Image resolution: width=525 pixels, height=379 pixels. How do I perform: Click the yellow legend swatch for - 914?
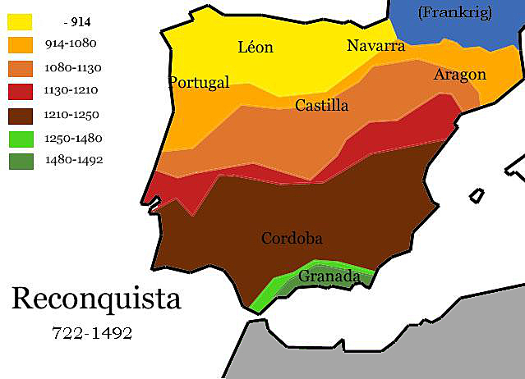pos(21,20)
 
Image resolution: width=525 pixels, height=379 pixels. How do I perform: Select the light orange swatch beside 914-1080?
pos(21,43)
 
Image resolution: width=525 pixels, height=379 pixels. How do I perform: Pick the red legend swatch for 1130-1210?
pos(21,90)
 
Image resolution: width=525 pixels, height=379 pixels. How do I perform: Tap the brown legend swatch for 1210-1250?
pos(21,114)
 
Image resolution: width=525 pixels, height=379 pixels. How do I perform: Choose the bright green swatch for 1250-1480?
pos(21,138)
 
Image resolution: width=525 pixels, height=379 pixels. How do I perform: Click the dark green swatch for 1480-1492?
pos(21,160)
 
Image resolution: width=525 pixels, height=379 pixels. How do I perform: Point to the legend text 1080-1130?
pos(75,67)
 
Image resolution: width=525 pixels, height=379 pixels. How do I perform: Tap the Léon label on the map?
pos(255,48)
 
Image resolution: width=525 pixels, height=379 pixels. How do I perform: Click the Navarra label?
pos(375,45)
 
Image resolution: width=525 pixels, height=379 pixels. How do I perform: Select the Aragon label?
pos(459,75)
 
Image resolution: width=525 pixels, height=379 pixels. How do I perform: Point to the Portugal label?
pos(199,82)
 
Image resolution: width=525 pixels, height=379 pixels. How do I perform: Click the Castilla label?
pos(321,105)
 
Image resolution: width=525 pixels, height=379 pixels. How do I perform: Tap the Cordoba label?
pos(292,239)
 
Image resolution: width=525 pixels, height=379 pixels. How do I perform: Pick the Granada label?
pos(329,277)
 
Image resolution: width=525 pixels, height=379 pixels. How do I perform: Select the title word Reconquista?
pos(96,299)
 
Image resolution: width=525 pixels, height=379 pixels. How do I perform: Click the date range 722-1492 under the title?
pos(91,334)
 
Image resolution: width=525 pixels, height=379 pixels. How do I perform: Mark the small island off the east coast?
pos(476,196)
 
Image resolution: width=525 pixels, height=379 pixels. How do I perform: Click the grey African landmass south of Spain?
pos(386,345)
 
